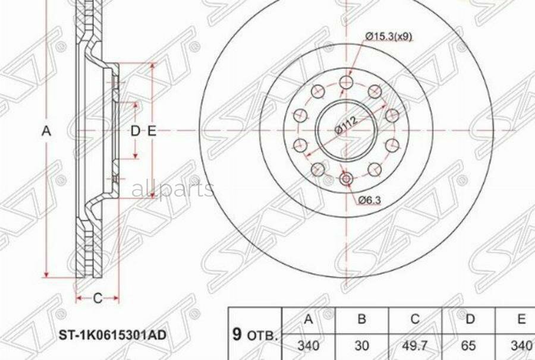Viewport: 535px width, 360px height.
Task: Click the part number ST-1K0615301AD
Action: (x=112, y=335)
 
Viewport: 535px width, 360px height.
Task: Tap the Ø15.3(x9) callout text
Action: (x=389, y=36)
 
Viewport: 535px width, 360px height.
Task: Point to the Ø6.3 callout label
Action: (x=369, y=200)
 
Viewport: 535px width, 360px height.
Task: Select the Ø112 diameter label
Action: (x=346, y=126)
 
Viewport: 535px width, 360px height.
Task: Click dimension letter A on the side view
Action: (x=46, y=131)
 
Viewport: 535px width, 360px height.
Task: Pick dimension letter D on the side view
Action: (x=136, y=131)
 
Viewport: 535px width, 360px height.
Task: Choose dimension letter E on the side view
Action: (x=152, y=131)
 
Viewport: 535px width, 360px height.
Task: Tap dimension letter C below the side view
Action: (x=98, y=298)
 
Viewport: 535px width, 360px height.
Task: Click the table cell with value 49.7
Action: (x=415, y=346)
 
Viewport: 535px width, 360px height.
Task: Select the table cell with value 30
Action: (x=361, y=346)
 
